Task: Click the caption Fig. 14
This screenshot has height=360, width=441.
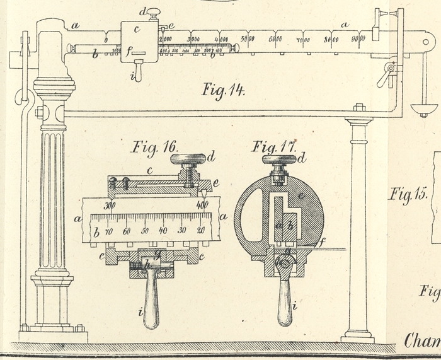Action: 222,89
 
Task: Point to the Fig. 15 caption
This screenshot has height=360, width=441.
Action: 407,194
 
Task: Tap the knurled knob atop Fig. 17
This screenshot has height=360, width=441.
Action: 282,158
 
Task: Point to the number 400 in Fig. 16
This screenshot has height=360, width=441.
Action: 202,206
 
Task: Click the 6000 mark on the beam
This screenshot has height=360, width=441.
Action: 275,40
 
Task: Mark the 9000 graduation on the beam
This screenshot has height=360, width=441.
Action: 358,39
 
